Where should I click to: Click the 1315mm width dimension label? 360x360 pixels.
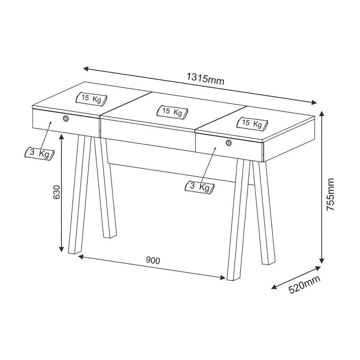point(205,78)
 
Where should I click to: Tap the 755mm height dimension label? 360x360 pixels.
point(331,194)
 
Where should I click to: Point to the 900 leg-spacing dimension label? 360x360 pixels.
point(153,261)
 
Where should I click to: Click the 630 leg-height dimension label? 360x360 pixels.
point(57,192)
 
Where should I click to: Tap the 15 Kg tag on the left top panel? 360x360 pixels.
point(91,99)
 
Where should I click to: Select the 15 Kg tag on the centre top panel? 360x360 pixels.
point(172,112)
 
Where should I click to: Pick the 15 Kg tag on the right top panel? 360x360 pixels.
point(252,123)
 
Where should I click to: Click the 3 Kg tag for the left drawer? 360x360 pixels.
point(39,153)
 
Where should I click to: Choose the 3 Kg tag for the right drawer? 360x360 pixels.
point(199,187)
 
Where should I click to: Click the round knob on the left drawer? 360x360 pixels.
point(66,118)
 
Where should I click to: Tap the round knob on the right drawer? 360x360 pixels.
point(229,143)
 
